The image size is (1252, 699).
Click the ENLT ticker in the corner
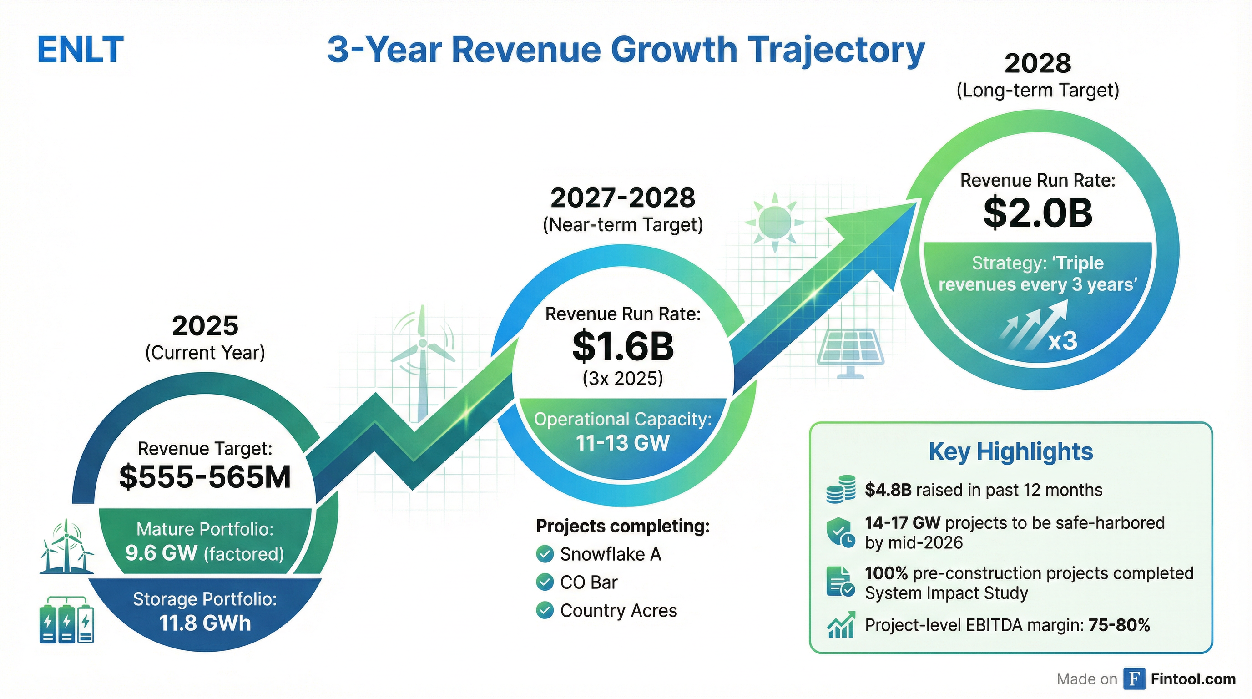pos(81,50)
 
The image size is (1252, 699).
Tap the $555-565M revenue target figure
pos(205,477)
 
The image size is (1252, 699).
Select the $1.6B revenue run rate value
pos(623,347)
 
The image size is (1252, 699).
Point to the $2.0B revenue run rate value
pos(1038,213)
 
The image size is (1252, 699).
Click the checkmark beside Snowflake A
pos(545,554)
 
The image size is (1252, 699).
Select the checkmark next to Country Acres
pos(545,611)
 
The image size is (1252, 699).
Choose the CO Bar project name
pos(589,582)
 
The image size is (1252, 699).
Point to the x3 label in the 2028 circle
pos(1062,341)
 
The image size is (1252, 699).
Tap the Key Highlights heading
pos(1010,451)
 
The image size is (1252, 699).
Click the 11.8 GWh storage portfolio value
pos(205,623)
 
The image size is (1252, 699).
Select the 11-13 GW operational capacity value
pos(623,443)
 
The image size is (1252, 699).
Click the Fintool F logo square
pos(1134,679)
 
